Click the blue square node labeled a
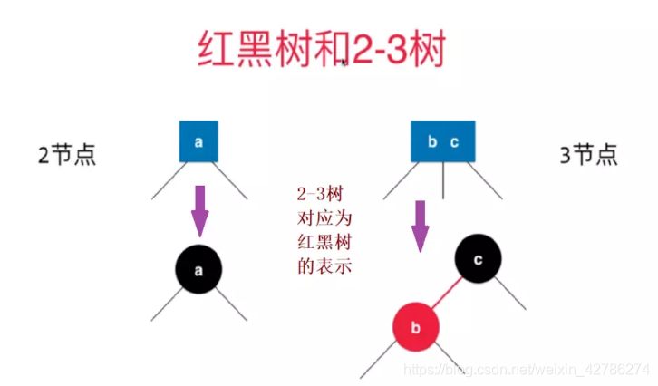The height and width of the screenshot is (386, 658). point(198,142)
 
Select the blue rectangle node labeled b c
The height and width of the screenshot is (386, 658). point(443,142)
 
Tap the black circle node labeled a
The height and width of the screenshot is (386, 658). point(198,268)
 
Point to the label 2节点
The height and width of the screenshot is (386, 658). point(66,154)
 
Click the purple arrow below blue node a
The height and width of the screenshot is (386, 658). point(198,210)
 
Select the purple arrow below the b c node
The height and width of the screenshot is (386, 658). point(420,225)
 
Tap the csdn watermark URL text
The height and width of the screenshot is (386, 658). point(526,370)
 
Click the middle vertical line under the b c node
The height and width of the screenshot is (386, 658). point(443,181)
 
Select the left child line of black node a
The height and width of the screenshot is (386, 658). point(168,306)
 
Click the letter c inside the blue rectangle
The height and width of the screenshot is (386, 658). point(455,142)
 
